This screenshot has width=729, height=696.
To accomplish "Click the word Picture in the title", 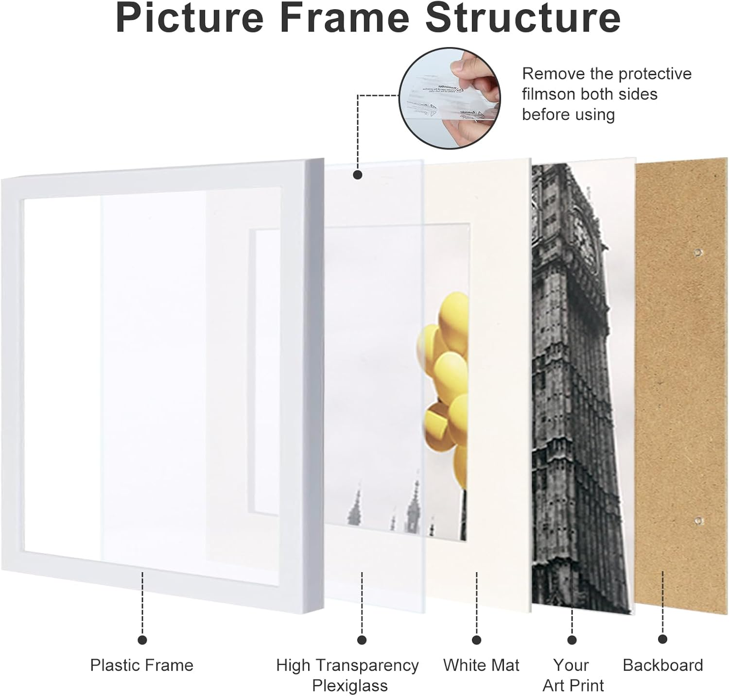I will tap(190, 18).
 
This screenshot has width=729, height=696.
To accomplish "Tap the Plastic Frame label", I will tap(141, 665).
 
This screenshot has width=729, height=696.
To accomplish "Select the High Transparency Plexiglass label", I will tap(347, 675).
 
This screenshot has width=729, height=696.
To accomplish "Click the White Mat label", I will tap(481, 665).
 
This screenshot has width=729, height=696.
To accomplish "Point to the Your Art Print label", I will tap(573, 675).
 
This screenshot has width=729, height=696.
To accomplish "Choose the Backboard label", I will tap(662, 665).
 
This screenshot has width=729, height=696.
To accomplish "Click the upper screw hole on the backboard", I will tap(698, 252).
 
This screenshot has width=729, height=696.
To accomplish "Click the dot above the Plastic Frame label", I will tap(142, 640).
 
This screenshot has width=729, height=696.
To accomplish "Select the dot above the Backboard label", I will tap(662, 639).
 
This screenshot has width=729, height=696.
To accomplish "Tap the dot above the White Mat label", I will tap(477, 640).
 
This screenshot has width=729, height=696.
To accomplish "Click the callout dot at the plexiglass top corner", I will tap(358, 175).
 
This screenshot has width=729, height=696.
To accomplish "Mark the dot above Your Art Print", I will tap(572, 640).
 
